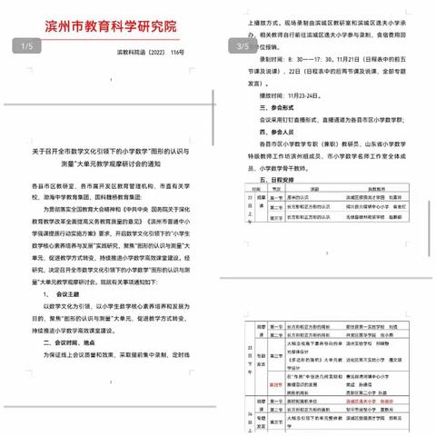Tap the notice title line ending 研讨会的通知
(115, 153)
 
